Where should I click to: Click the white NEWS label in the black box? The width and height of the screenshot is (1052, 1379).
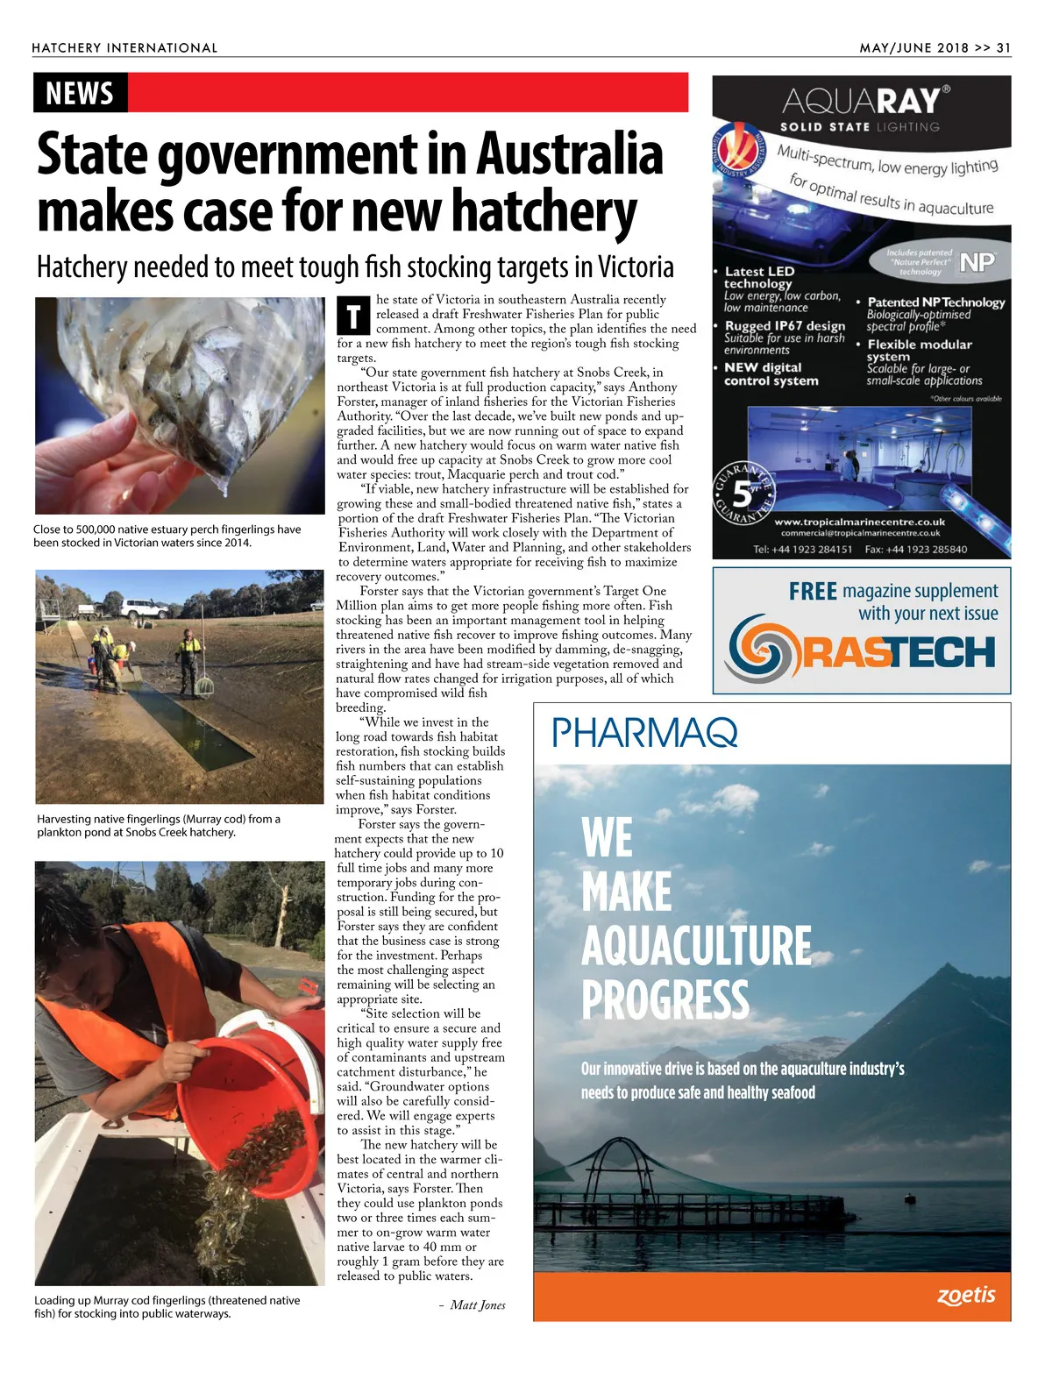click(80, 93)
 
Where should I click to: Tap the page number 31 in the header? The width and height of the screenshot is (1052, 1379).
click(1003, 48)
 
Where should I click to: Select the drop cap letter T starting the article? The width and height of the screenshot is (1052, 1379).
click(353, 316)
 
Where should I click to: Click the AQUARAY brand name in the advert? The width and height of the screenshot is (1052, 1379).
click(861, 101)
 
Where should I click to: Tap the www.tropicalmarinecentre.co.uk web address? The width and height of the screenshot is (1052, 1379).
click(859, 521)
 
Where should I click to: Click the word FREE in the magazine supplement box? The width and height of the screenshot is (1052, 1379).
click(813, 592)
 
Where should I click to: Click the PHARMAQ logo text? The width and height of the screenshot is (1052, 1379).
click(644, 732)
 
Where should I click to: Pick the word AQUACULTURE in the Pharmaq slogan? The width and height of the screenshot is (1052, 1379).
click(696, 946)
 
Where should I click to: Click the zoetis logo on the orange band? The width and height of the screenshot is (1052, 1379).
click(966, 1295)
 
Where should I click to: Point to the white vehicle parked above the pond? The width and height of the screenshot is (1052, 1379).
click(144, 608)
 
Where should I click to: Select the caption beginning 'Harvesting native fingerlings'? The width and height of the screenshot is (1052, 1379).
click(159, 825)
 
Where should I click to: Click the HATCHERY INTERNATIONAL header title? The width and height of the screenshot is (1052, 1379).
click(124, 48)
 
